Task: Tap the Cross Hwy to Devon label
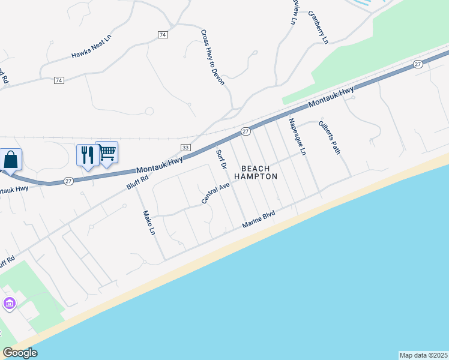[212, 58]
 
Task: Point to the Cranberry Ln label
[319, 27]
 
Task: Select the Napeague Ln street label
[297, 136]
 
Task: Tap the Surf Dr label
[221, 160]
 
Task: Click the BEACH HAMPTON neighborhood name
[255, 172]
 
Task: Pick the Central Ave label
[216, 193]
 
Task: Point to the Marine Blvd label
[258, 218]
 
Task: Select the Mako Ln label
[149, 223]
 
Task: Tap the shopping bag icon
[11, 160]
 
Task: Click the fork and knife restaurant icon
[88, 155]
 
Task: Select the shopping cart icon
[107, 152]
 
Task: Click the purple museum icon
[9, 304]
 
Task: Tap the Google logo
[20, 353]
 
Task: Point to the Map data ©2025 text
[423, 355]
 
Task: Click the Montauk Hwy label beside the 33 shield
[160, 164]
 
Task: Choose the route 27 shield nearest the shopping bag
[68, 181]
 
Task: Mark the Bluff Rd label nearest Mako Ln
[137, 179]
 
